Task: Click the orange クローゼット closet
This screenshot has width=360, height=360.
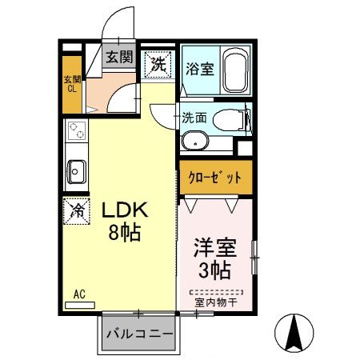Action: [214, 178]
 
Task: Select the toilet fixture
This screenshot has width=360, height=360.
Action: [235, 121]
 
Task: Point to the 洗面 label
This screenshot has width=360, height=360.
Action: [194, 117]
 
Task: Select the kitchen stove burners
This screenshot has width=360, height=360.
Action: [77, 131]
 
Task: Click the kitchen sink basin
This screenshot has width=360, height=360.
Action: [77, 170]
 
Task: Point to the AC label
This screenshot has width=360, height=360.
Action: [79, 294]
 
